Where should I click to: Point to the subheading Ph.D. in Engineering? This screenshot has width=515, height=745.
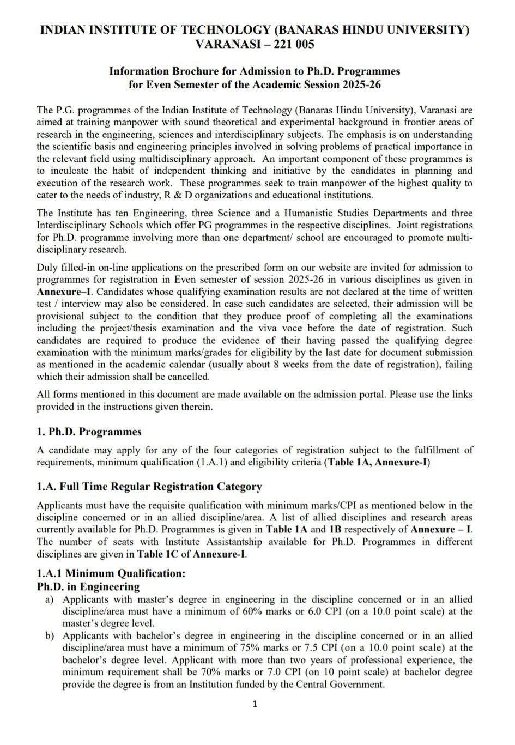tap(88, 586)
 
